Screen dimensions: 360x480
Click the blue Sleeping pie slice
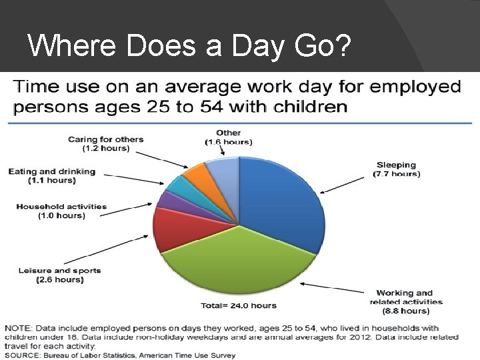point(277,200)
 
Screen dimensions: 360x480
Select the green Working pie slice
point(240,260)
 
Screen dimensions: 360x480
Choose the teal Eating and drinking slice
point(177,185)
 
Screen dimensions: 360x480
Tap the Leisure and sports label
point(60,275)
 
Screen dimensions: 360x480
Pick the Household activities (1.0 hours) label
point(61,211)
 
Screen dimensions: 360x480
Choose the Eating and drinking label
point(52,176)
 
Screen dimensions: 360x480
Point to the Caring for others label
point(106,143)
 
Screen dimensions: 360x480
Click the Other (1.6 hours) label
point(228,137)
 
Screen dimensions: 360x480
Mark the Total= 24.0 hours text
point(238,306)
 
